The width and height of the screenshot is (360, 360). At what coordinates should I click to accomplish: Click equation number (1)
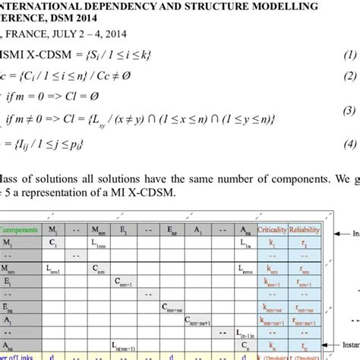pyautogui.click(x=349, y=55)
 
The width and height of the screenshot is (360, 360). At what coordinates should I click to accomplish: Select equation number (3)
pyautogui.click(x=349, y=112)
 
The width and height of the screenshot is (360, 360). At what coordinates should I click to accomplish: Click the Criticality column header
pyautogui.click(x=272, y=229)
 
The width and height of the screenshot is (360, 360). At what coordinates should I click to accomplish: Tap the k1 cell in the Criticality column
pyautogui.click(x=272, y=243)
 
